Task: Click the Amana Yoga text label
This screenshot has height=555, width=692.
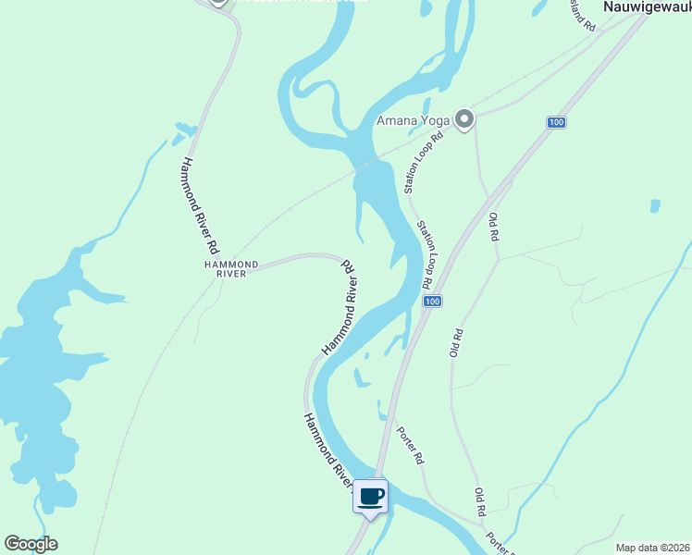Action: [x=413, y=120]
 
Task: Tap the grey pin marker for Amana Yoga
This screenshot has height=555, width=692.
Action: [x=464, y=119]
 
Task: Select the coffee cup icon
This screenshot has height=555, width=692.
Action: [x=371, y=497]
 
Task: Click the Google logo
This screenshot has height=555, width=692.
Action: [x=31, y=544]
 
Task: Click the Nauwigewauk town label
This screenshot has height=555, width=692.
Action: [x=647, y=6]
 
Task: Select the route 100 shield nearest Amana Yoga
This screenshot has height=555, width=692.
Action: [x=555, y=122]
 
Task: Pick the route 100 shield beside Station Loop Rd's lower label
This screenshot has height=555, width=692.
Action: [x=433, y=302]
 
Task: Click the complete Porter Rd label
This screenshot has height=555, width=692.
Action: [x=410, y=444]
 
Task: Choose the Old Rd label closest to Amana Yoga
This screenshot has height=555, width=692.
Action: [x=494, y=228]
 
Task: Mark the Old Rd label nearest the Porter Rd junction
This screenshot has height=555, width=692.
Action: [x=480, y=502]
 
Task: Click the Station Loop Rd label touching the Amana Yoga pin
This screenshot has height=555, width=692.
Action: [x=424, y=162]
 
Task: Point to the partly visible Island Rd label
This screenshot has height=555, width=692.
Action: [x=582, y=14]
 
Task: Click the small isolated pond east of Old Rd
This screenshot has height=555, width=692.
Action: [x=655, y=205]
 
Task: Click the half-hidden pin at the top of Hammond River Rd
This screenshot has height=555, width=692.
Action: [x=218, y=3]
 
